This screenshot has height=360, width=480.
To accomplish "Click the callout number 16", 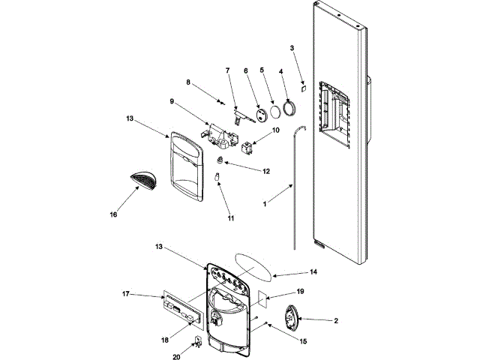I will coord(113,214).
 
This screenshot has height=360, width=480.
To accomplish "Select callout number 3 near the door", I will coord(292,49).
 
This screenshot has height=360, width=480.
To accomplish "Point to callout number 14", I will coord(313,273).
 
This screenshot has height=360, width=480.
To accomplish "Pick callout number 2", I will coord(336,320).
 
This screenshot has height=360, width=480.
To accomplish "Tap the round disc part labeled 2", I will coord(289,317).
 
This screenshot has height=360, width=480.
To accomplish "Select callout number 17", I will coord(125,295).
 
